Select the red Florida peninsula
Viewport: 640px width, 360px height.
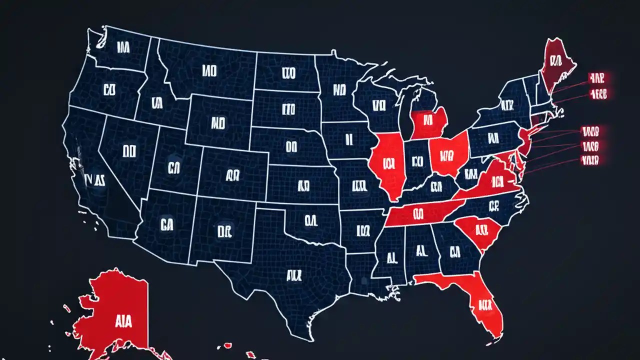coord(482,300)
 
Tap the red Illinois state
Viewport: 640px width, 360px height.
coord(387,165)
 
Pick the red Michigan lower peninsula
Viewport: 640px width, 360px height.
coord(429,122)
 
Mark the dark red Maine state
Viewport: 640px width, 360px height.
coord(555,65)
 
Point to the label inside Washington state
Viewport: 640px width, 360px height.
coord(123,48)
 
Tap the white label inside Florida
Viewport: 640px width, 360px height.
coord(484,303)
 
